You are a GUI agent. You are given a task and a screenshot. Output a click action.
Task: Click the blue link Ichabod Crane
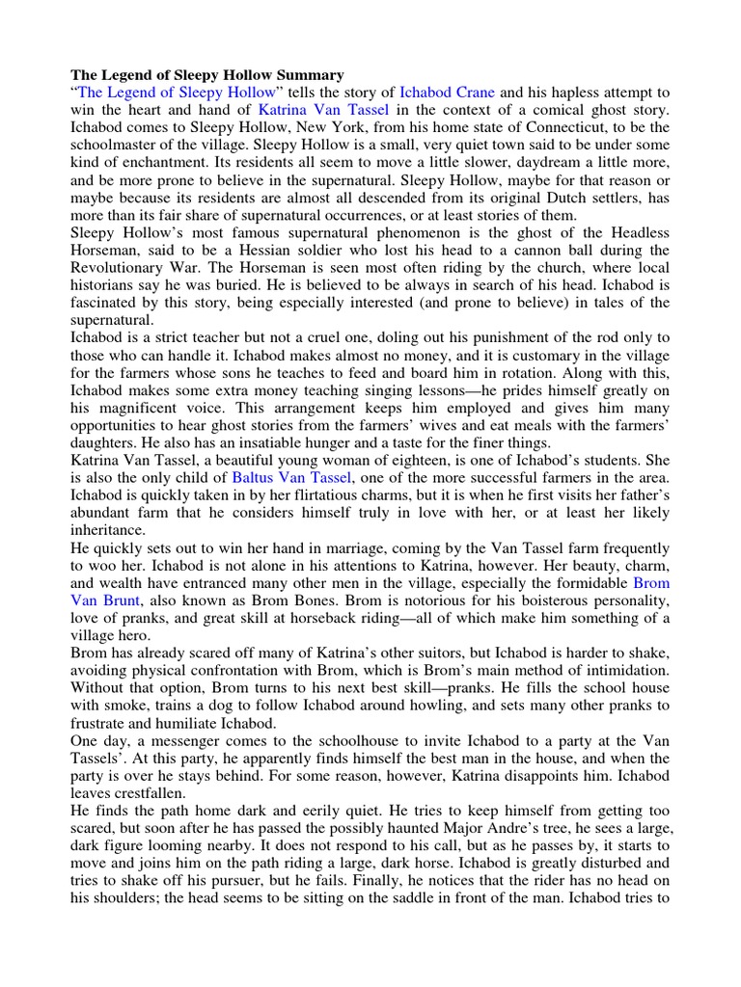tap(447, 93)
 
